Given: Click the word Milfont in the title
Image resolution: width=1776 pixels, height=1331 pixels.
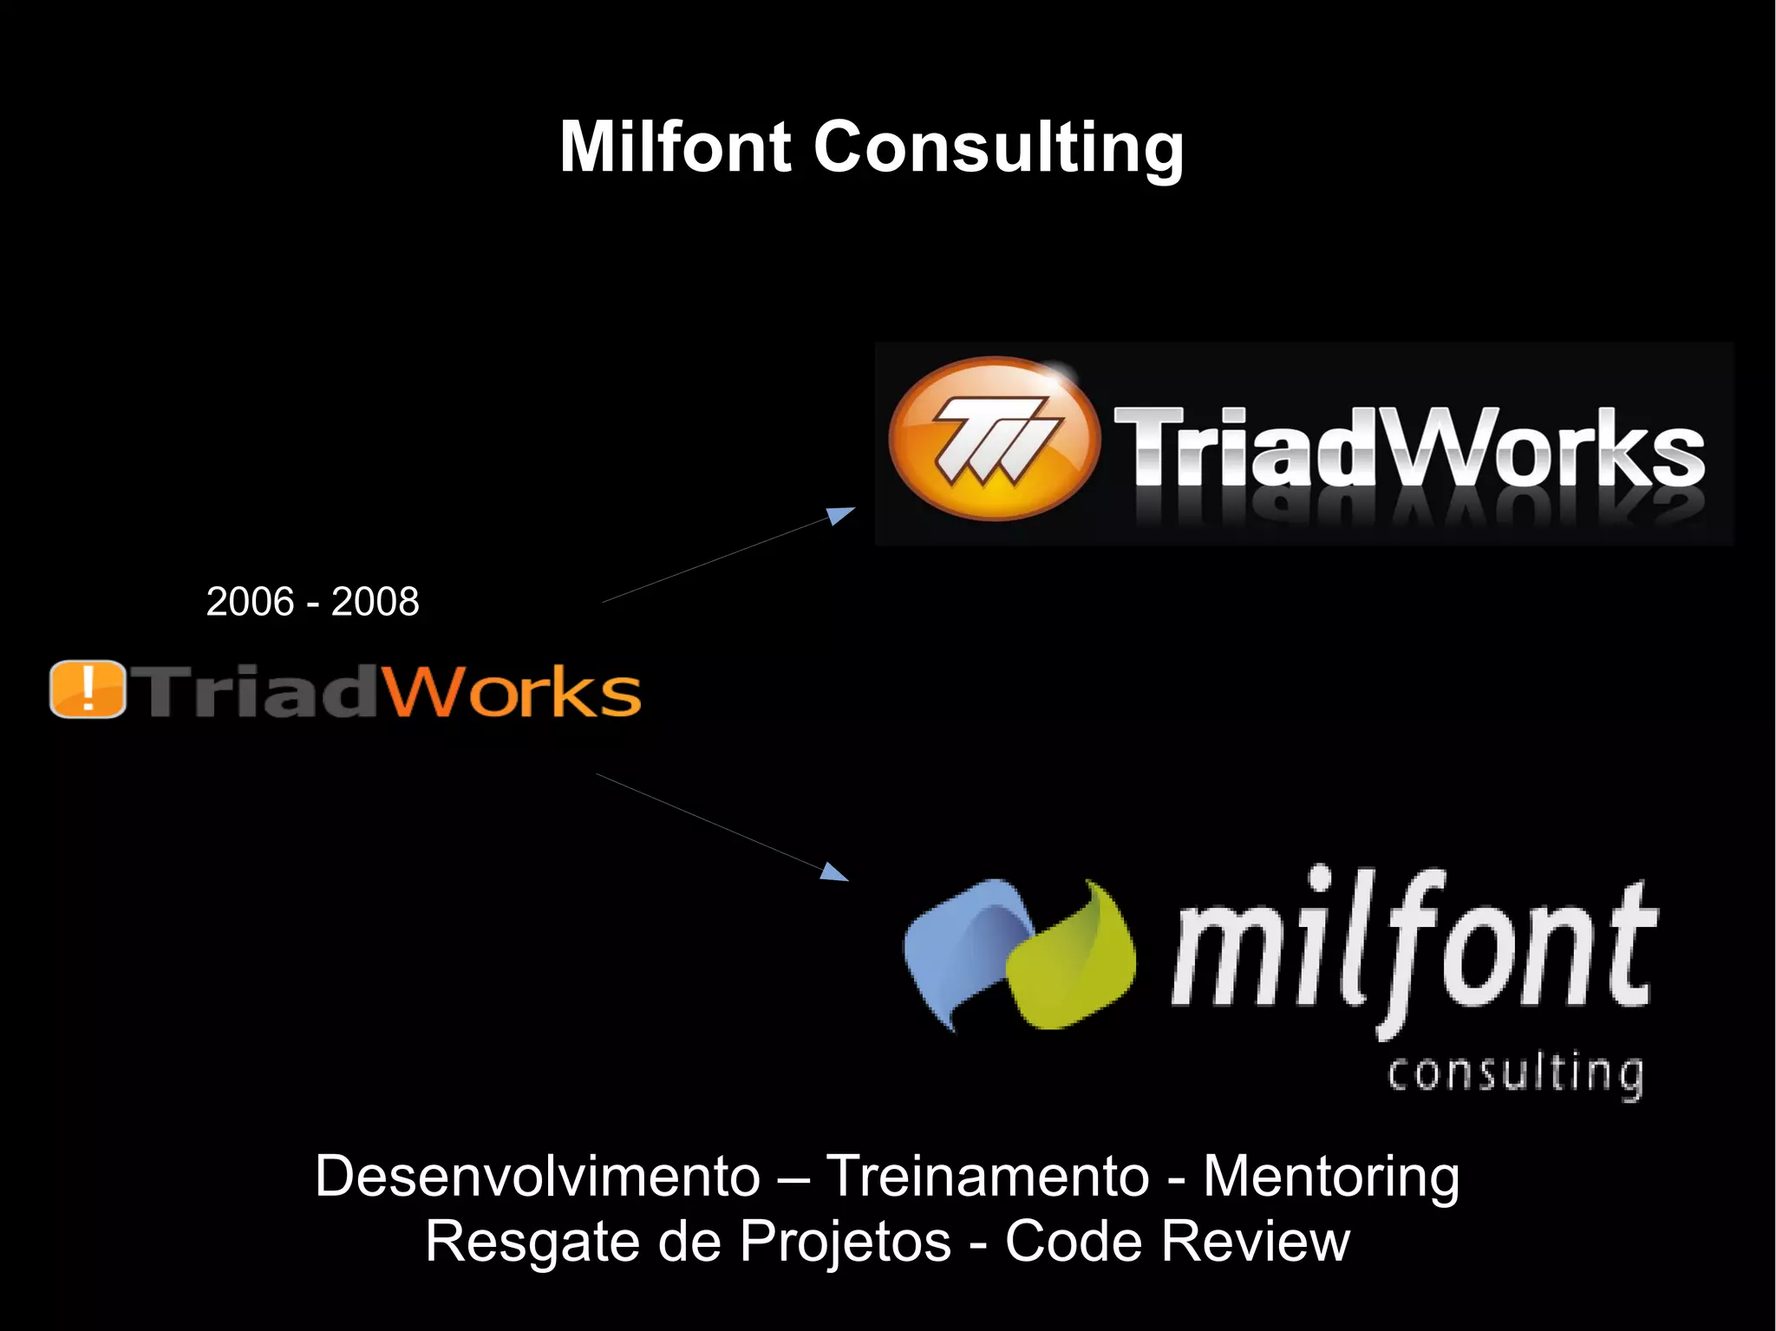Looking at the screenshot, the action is pyautogui.click(x=676, y=147).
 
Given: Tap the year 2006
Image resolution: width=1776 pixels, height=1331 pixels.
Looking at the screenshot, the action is pyautogui.click(x=250, y=602).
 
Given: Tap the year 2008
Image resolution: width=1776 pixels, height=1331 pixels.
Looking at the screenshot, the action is pyautogui.click(x=375, y=602).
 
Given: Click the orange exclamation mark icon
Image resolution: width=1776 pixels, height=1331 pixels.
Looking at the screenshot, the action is pyautogui.click(x=88, y=689).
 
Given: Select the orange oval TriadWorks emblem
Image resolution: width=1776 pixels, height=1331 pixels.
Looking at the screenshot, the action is pyautogui.click(x=994, y=439).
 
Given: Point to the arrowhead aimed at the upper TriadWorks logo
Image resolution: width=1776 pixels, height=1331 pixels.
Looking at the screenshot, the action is pyautogui.click(x=839, y=515).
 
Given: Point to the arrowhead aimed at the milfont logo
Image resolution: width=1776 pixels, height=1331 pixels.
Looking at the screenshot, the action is pyautogui.click(x=833, y=871).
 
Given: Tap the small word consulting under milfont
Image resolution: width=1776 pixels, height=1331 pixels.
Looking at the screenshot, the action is pyautogui.click(x=1514, y=1075).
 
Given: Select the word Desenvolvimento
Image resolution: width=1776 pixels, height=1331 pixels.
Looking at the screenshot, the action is pyautogui.click(x=538, y=1177).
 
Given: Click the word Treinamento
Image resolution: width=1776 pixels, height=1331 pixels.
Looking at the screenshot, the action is pyautogui.click(x=987, y=1177).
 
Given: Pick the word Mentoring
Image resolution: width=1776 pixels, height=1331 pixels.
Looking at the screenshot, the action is pyautogui.click(x=1331, y=1177).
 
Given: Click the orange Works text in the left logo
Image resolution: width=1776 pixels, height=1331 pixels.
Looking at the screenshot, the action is pyautogui.click(x=513, y=692).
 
